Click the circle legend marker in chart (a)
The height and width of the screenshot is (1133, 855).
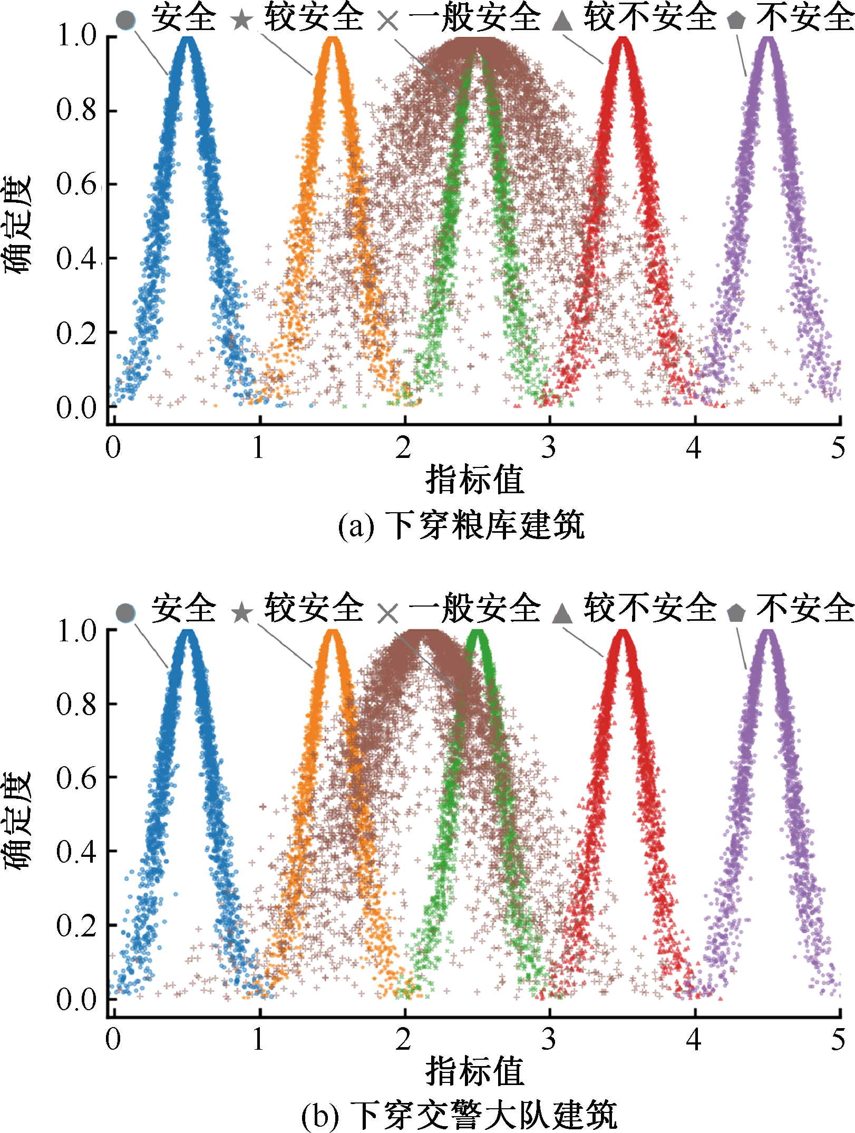point(126,20)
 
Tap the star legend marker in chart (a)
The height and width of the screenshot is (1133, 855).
point(242,20)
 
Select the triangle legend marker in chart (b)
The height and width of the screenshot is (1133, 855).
point(562,613)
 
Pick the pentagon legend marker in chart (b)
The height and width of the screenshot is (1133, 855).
point(736,613)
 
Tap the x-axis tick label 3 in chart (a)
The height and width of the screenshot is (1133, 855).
point(549,447)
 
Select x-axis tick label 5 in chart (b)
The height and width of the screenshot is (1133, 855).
point(838,1040)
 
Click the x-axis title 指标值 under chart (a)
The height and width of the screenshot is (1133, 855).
point(474,480)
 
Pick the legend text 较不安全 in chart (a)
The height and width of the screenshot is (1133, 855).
point(649,18)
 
